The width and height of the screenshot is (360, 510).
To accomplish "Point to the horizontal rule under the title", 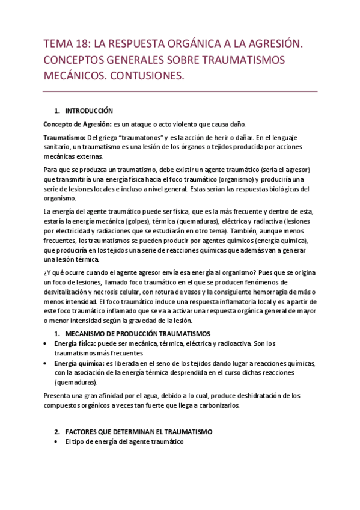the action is pyautogui.click(x=180, y=91).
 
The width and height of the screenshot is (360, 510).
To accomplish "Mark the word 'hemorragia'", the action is pyautogui.click(x=278, y=292).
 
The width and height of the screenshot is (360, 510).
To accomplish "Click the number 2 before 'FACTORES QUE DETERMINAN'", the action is pyautogui.click(x=56, y=432).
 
